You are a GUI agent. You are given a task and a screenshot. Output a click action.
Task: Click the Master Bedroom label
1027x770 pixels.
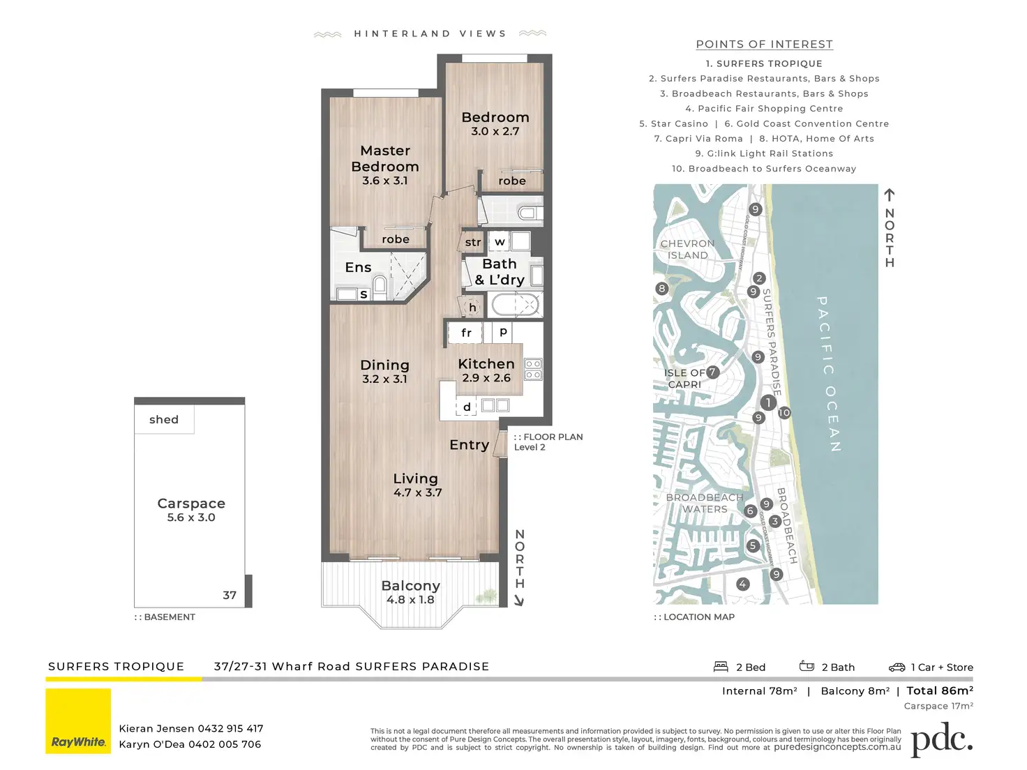click(384, 158)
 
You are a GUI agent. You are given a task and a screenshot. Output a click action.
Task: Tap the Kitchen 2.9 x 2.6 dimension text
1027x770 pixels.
click(486, 378)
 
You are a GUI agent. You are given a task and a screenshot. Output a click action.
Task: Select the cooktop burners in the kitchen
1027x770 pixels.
click(533, 370)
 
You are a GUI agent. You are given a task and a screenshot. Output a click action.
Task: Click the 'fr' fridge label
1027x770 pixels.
click(466, 333)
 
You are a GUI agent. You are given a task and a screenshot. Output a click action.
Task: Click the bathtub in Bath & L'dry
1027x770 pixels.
click(514, 305)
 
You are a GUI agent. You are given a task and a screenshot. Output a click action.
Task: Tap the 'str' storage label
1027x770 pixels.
click(472, 242)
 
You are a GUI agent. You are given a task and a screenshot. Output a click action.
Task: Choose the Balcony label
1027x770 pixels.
click(410, 586)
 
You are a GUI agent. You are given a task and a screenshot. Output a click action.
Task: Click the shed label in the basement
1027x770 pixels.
click(164, 419)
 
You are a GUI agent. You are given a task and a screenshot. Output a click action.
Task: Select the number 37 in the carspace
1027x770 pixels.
click(230, 595)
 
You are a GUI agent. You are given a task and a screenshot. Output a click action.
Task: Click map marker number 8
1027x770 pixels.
click(661, 289)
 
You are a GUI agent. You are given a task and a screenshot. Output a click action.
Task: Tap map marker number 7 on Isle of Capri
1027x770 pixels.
click(712, 372)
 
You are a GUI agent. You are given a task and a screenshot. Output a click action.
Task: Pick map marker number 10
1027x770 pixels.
click(784, 412)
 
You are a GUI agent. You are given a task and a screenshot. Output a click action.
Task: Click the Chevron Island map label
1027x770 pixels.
click(687, 249)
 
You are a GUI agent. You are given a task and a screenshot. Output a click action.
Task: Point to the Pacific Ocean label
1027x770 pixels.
click(830, 374)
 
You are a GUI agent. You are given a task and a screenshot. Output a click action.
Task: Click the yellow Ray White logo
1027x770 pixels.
click(78, 721)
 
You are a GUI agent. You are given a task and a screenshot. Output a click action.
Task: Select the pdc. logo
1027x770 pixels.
click(942, 739)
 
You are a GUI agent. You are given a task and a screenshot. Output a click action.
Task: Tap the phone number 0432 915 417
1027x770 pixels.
click(231, 728)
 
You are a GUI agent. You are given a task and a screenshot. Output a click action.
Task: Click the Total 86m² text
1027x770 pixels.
click(940, 690)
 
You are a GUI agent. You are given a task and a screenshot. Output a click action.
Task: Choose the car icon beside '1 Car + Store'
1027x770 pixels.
click(897, 667)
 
